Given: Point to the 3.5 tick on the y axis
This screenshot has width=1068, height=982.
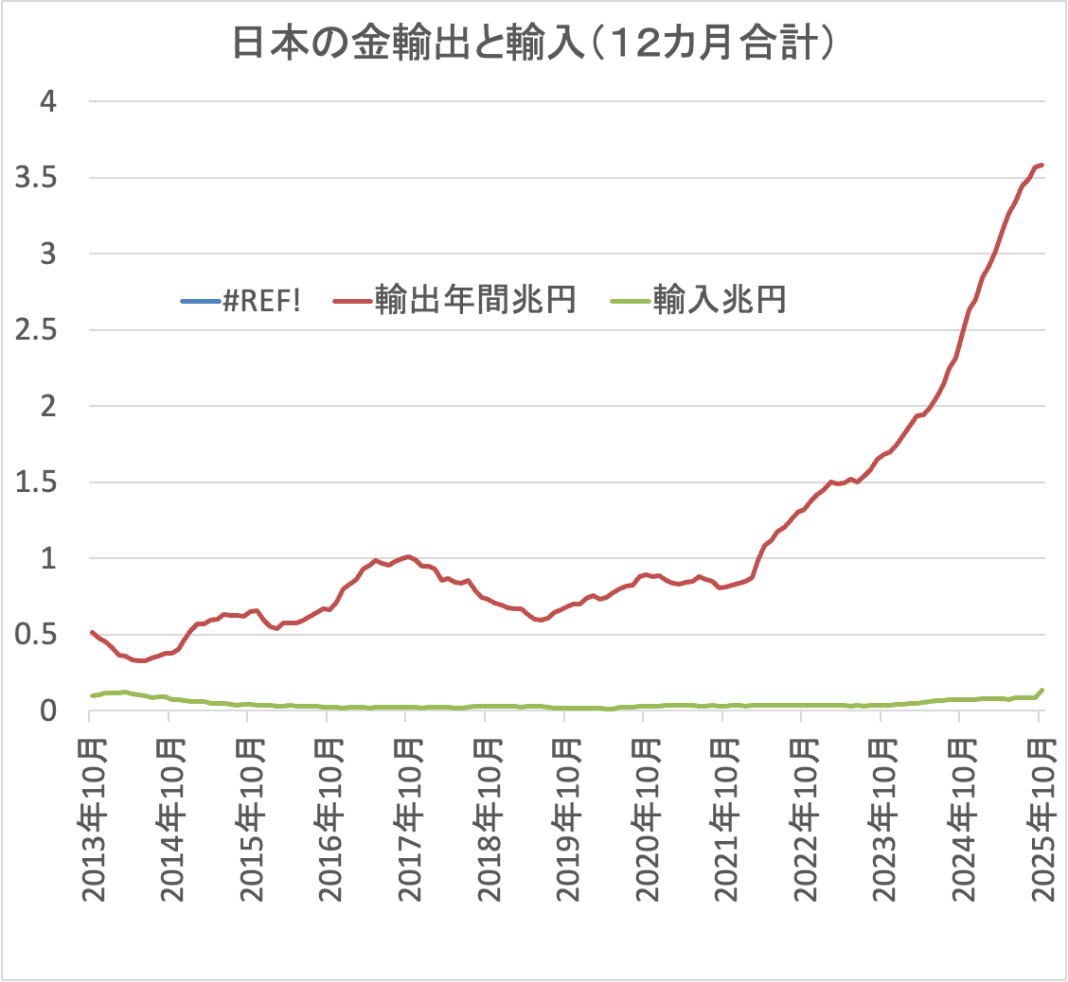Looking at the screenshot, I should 38,177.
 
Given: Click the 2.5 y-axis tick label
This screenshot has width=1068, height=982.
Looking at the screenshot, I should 38,330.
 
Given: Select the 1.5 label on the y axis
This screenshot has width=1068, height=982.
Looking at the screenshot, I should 38,482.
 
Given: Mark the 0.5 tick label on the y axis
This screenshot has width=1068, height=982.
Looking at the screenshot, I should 38,635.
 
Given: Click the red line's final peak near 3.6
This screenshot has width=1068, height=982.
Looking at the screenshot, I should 1041,165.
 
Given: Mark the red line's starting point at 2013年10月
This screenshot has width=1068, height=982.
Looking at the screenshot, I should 91,632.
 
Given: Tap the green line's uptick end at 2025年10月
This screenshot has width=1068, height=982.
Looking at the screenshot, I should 1042,690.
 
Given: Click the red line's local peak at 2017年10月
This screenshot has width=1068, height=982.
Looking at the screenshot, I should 407,556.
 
